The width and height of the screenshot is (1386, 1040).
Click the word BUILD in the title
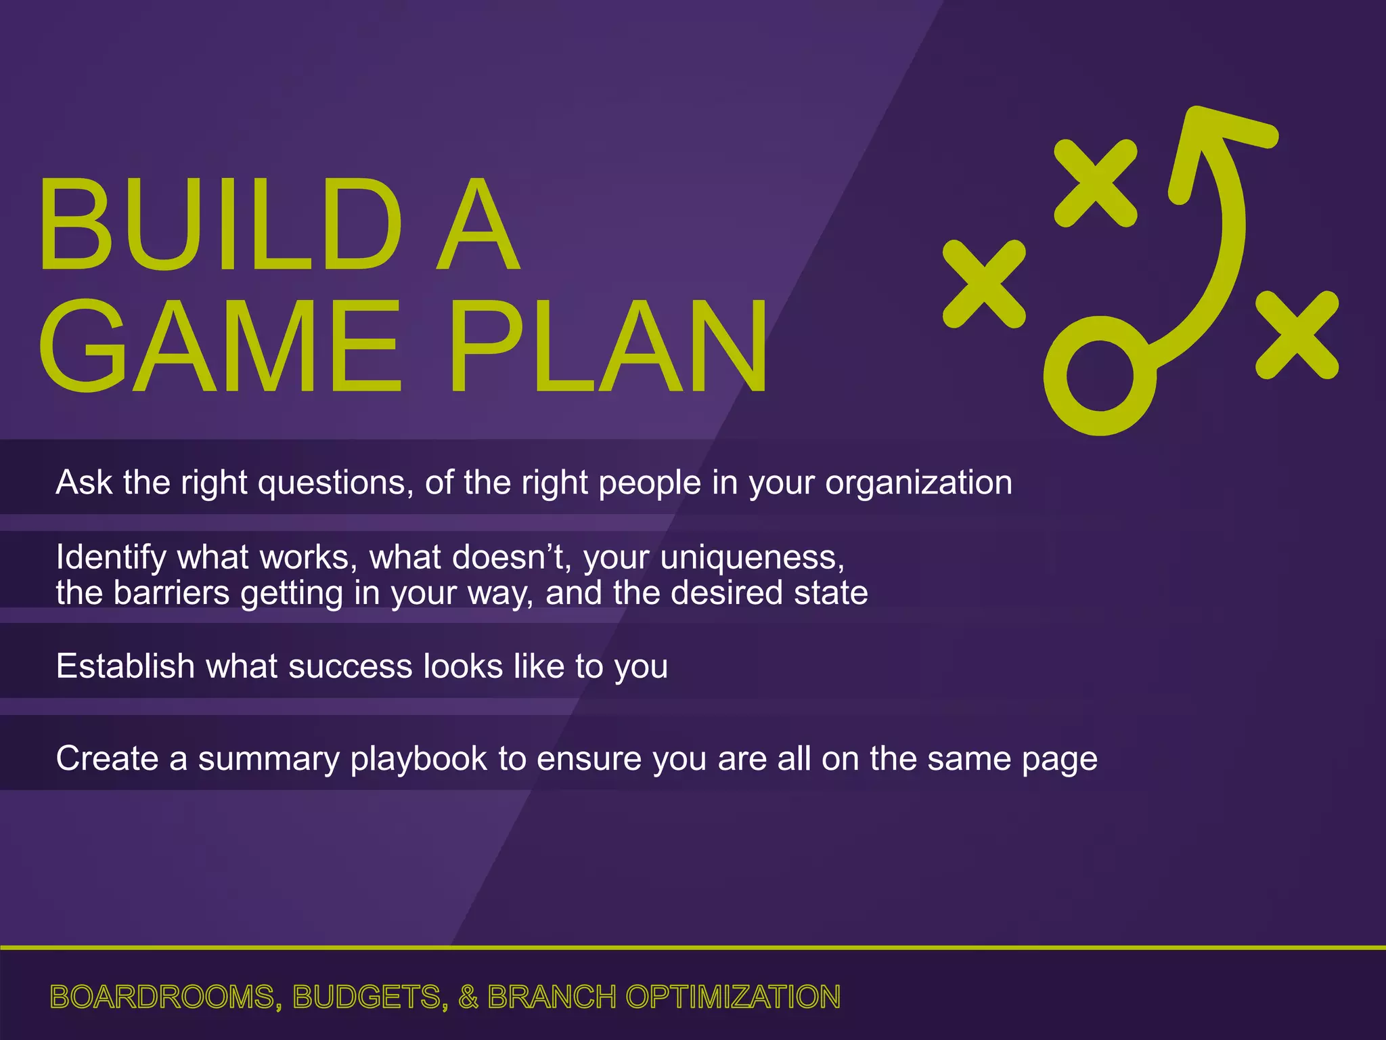(x=220, y=225)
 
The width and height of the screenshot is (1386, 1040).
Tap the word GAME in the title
(x=220, y=346)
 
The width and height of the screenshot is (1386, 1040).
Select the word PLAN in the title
(x=609, y=346)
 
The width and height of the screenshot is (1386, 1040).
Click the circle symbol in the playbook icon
(x=1100, y=376)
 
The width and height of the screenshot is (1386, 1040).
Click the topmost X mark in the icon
(x=1096, y=183)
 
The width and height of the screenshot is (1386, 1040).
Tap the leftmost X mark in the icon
(x=984, y=284)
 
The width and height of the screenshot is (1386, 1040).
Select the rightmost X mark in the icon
(x=1297, y=335)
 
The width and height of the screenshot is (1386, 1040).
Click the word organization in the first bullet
(x=918, y=483)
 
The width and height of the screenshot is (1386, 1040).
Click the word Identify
(x=111, y=557)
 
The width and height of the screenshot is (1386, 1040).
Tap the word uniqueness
(x=752, y=557)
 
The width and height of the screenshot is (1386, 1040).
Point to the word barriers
(x=172, y=593)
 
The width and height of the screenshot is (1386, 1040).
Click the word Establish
(x=125, y=666)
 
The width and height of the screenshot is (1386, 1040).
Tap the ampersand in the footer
(x=468, y=997)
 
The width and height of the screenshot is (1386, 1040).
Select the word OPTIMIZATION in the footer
(x=733, y=997)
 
